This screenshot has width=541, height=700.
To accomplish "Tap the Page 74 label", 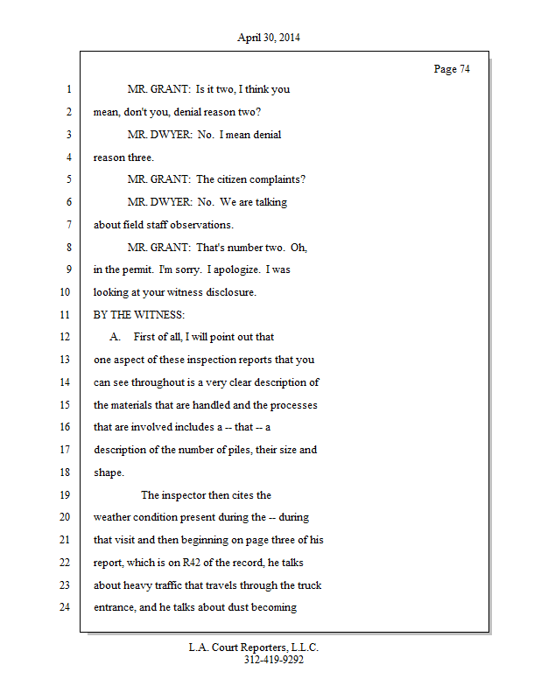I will tap(452, 69).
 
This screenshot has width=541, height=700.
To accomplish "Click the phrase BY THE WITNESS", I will tap(134, 314).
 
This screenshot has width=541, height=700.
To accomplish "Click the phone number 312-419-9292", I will tap(274, 660).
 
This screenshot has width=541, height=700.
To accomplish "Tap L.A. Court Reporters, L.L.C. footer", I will tap(254, 647).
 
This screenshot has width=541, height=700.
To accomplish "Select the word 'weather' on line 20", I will tap(113, 517).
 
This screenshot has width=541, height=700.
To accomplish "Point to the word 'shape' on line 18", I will tap(108, 472).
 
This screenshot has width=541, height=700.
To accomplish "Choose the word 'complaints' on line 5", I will tap(277, 179).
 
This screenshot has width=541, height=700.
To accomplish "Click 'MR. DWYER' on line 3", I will tap(159, 135).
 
